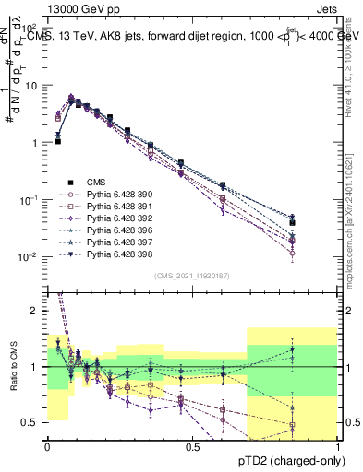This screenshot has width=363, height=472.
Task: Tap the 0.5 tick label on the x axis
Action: [x=192, y=447]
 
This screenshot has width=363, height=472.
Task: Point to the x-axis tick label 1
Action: [x=338, y=447]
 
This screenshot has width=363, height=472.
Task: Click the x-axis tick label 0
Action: [x=47, y=447]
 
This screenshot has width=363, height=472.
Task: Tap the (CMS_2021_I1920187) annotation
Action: [x=192, y=275]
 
